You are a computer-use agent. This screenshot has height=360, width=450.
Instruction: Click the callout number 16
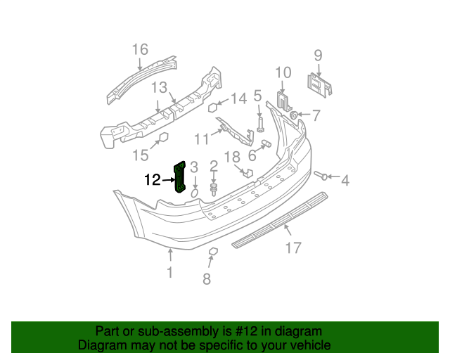(140, 49)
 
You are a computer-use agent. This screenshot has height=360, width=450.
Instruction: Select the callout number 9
(317, 55)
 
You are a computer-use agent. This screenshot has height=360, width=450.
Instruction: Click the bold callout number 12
(153, 180)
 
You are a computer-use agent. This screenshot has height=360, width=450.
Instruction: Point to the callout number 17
(293, 247)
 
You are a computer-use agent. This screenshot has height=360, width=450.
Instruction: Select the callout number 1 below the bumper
(169, 272)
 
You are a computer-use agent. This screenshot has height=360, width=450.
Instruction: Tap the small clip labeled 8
(214, 251)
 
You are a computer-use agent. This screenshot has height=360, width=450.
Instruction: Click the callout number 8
(207, 279)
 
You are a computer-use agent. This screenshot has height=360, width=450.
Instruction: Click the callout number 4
(345, 181)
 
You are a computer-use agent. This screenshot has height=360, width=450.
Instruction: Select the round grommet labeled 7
(294, 115)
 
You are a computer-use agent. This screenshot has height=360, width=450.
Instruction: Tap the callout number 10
(283, 72)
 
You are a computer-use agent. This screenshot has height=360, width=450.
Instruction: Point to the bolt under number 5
(259, 126)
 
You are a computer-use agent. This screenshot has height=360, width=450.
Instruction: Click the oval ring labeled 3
(195, 191)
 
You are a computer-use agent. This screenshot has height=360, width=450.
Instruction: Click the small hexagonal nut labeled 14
(212, 108)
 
